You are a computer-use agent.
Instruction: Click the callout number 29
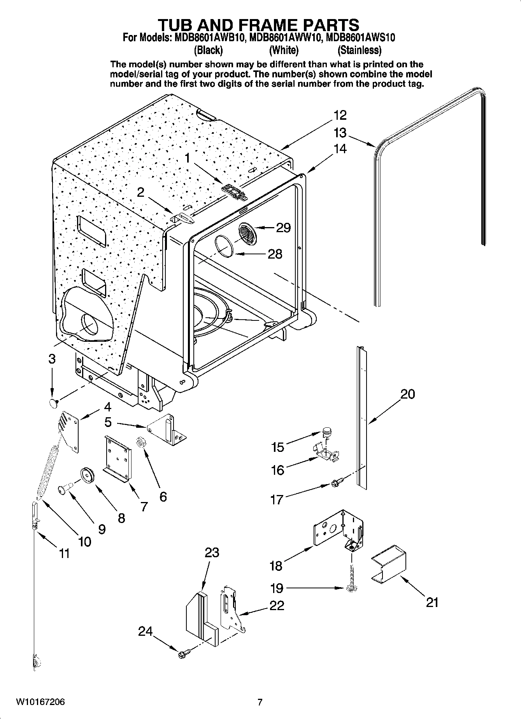click(283, 227)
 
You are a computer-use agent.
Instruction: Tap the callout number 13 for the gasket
click(340, 133)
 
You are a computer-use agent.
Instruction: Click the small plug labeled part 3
click(53, 403)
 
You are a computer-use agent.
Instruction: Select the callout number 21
click(432, 602)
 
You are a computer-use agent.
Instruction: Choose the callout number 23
click(212, 552)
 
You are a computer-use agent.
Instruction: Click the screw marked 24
click(184, 654)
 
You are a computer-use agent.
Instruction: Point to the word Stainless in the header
click(359, 50)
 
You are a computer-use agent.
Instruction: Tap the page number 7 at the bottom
click(260, 702)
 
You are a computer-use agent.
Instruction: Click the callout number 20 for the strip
click(408, 394)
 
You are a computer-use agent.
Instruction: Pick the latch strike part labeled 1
click(235, 192)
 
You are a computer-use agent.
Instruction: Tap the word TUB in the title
click(178, 25)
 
